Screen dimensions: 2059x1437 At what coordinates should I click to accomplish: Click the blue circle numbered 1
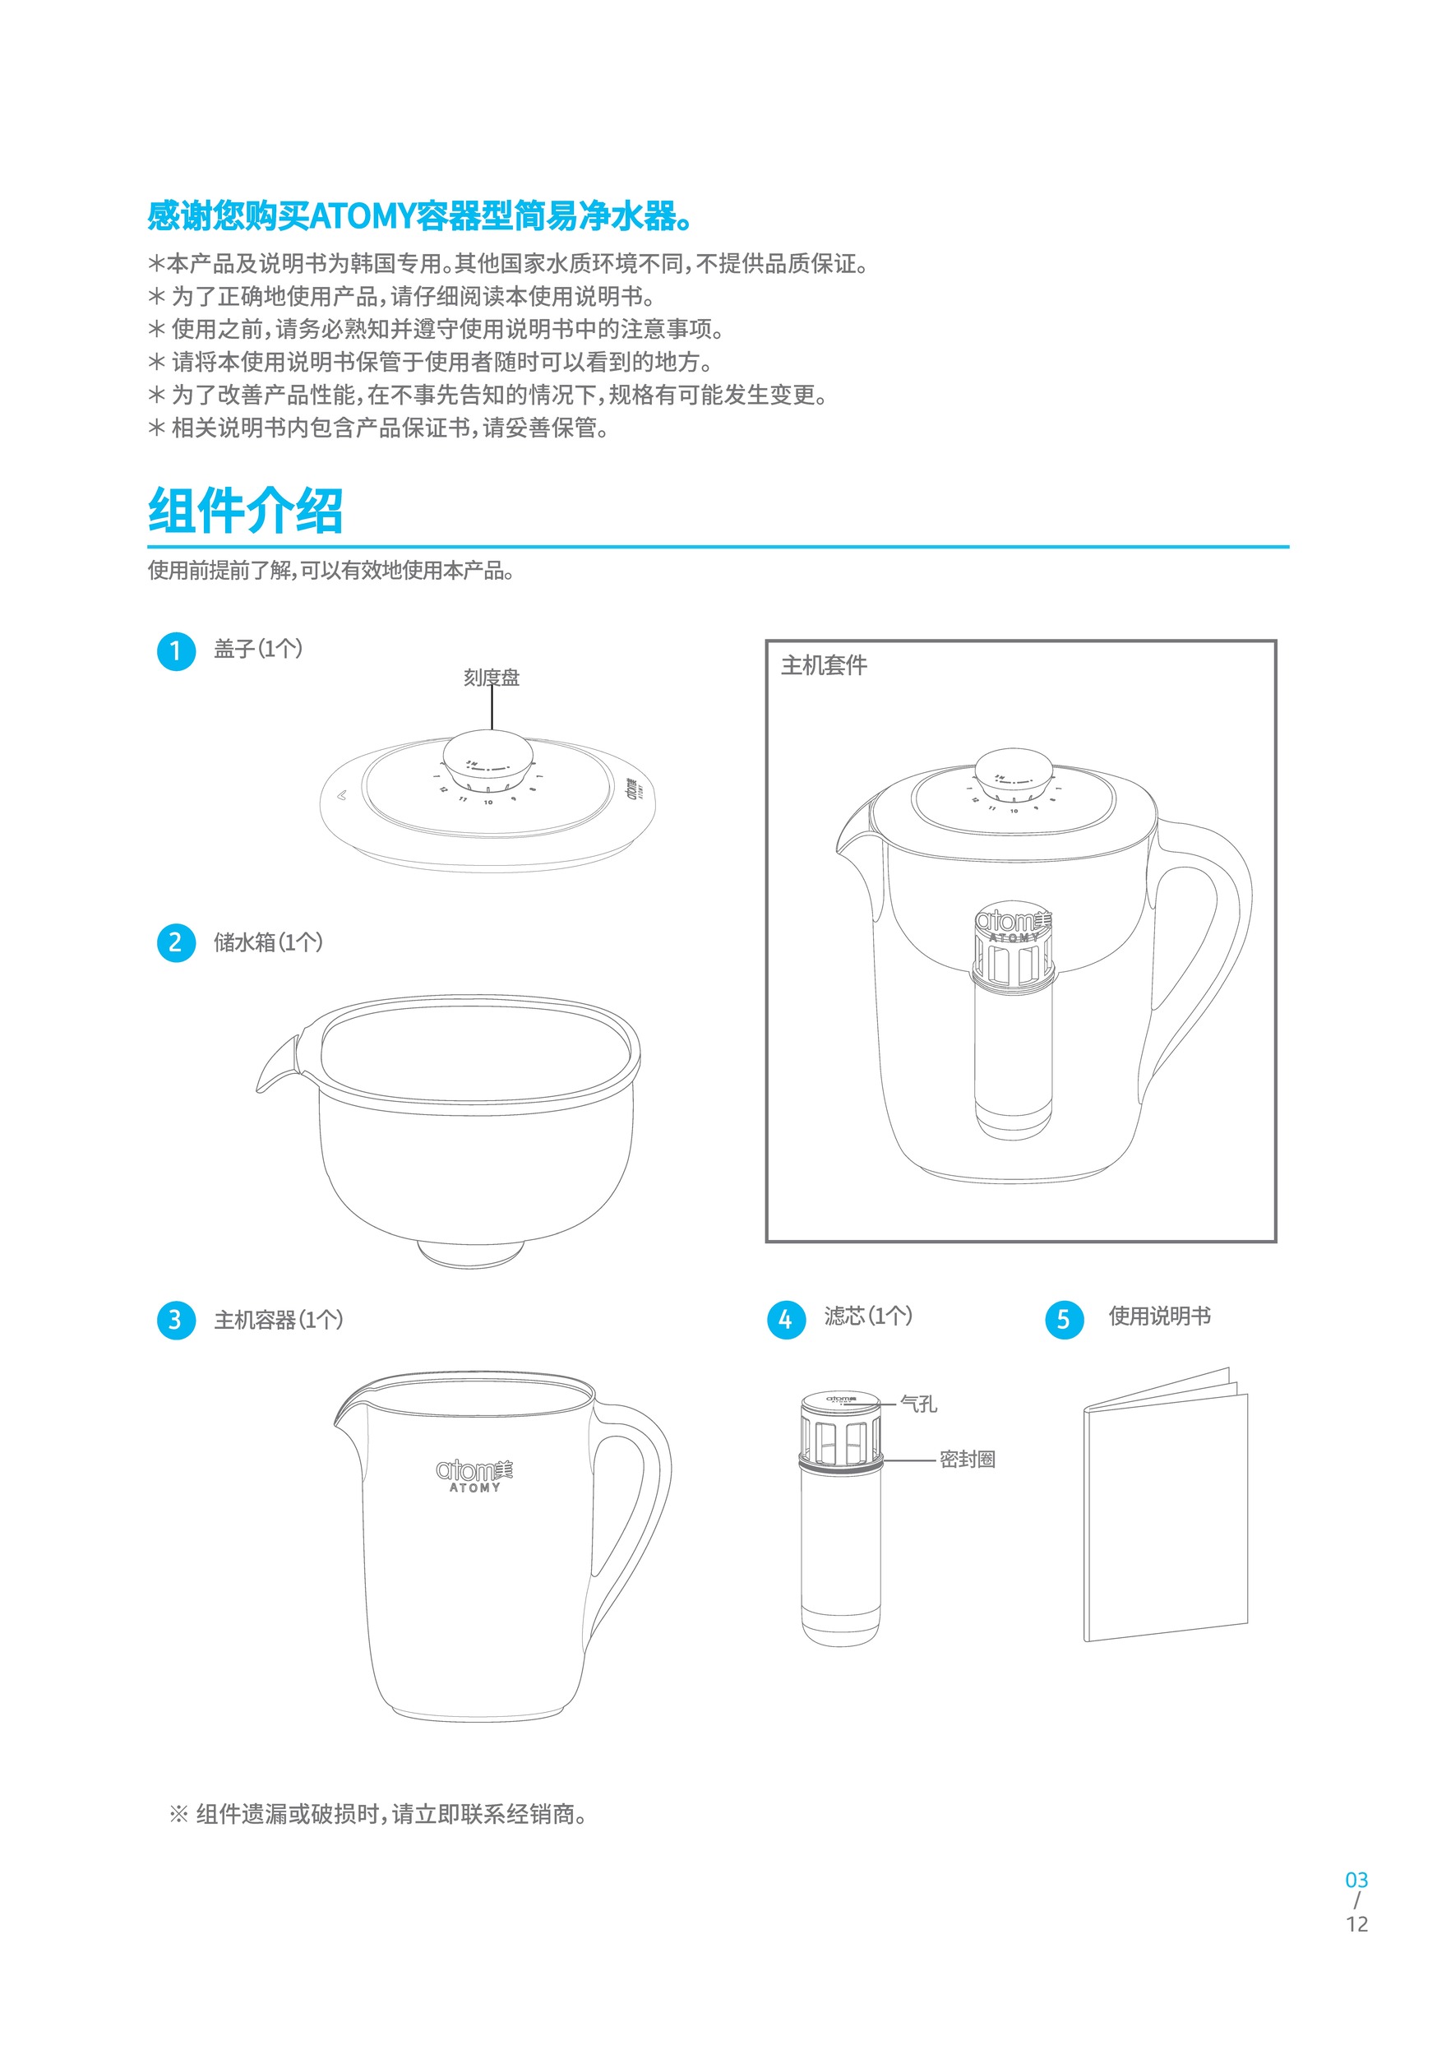[x=176, y=651]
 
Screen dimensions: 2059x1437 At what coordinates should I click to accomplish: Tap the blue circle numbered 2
[x=176, y=942]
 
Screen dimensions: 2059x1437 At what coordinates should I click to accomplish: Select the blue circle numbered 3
[x=176, y=1320]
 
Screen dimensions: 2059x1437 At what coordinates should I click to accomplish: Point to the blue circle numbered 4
[x=786, y=1320]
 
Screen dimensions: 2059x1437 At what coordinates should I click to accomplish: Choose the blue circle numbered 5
[x=1064, y=1320]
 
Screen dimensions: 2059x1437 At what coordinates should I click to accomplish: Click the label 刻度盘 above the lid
[x=492, y=678]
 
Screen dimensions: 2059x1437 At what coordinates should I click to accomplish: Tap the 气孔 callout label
[x=918, y=1404]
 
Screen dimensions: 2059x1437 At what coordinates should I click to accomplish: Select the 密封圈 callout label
[x=967, y=1460]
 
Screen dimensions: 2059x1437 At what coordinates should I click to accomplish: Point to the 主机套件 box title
[x=824, y=665]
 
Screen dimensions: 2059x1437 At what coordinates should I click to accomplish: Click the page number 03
[x=1356, y=1881]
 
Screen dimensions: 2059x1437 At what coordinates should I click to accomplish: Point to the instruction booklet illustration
[x=1166, y=1515]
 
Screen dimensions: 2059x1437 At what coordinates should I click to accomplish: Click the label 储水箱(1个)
[x=268, y=942]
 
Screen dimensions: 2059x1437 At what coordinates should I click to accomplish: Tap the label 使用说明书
[x=1159, y=1316]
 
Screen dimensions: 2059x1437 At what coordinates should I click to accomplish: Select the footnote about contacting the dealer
[x=379, y=1815]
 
